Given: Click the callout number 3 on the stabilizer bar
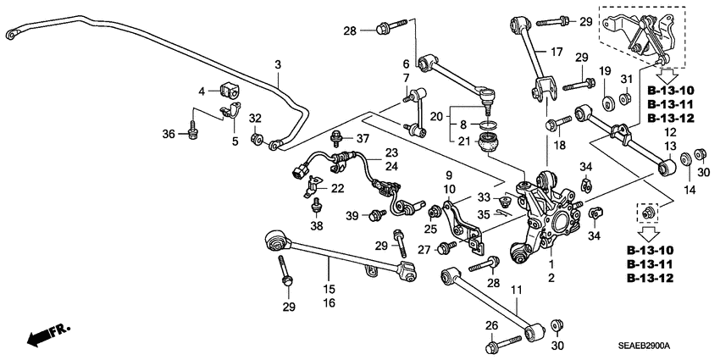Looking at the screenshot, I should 277,64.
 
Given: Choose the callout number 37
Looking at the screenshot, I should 363,138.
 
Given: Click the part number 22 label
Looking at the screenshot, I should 338,188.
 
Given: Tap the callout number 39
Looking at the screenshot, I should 352,217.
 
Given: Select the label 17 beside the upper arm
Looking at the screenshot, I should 556,51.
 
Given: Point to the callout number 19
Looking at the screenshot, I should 605,70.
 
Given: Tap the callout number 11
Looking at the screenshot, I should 517,292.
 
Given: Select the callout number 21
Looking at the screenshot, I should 461,140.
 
